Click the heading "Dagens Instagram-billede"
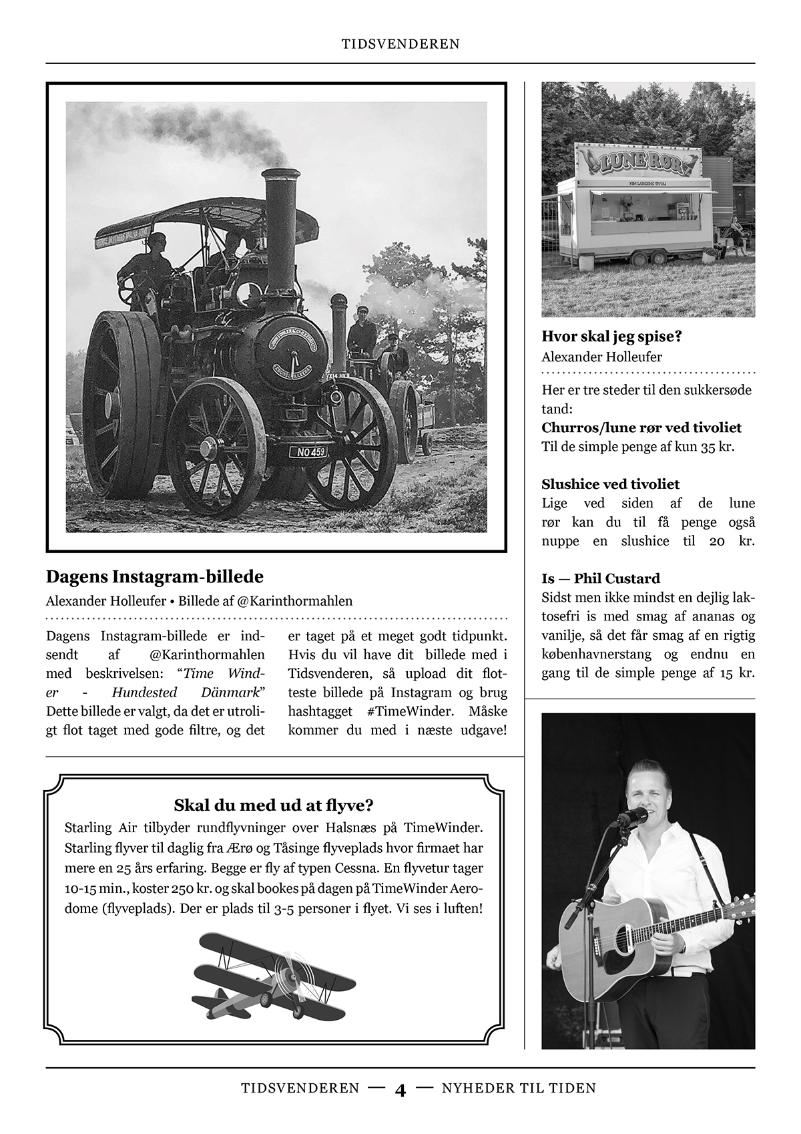[155, 576]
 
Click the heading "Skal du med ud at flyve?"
[273, 805]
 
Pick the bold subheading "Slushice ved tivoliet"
[611, 484]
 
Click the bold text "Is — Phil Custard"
[601, 578]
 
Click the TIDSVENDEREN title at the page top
[400, 44]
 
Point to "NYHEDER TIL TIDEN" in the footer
[519, 1089]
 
